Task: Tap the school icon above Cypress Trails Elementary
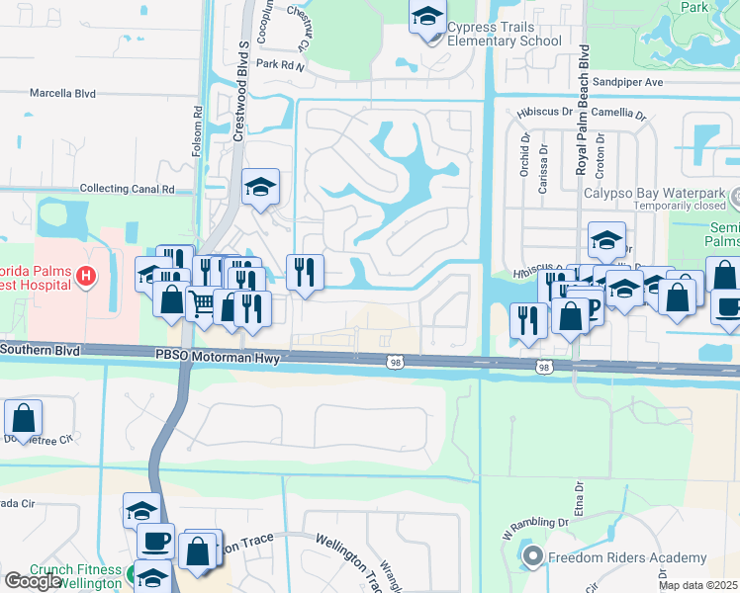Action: pos(426,17)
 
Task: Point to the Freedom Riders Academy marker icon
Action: pos(533,556)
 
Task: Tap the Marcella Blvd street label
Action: pos(62,94)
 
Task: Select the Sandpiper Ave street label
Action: pos(627,82)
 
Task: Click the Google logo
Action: pos(33,581)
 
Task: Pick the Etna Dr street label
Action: pos(579,500)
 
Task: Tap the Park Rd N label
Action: pos(279,63)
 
